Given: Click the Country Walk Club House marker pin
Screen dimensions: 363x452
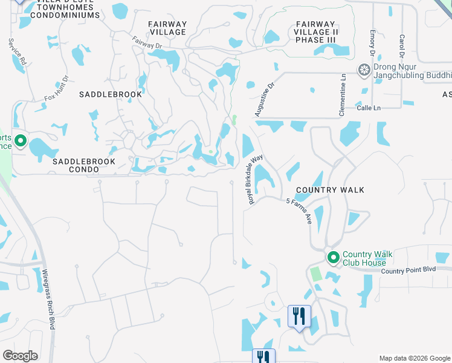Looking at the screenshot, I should [332, 258].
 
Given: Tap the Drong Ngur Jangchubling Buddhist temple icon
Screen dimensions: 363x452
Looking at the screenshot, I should [364, 71].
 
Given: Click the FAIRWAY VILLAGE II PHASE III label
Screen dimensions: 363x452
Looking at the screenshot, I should [314, 32].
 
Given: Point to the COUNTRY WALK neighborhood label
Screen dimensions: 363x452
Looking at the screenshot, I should [330, 190].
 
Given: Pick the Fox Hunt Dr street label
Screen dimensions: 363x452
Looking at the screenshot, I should [57, 88].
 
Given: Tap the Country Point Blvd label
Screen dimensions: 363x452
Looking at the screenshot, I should [408, 270].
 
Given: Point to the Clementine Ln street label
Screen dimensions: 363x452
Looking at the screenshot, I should [343, 96].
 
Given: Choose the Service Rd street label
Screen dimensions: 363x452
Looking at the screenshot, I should [18, 53].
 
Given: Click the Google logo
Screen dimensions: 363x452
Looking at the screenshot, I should [20, 356].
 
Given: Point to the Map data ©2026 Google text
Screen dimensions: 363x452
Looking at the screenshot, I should [414, 358].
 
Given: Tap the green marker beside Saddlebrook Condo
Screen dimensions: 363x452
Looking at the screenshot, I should [20, 142].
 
